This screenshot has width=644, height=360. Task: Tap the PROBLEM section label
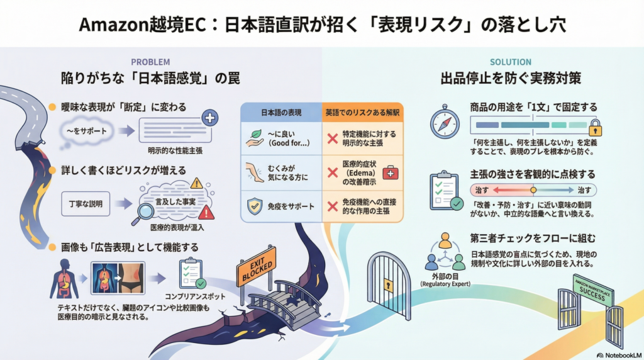(150, 62)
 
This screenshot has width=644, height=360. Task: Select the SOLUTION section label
(510, 62)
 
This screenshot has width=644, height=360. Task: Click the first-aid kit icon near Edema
(391, 173)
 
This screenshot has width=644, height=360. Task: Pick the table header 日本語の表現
(281, 113)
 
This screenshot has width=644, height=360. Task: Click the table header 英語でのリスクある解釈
(363, 113)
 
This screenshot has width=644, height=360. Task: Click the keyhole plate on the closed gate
(389, 285)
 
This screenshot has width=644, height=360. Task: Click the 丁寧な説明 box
(86, 205)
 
